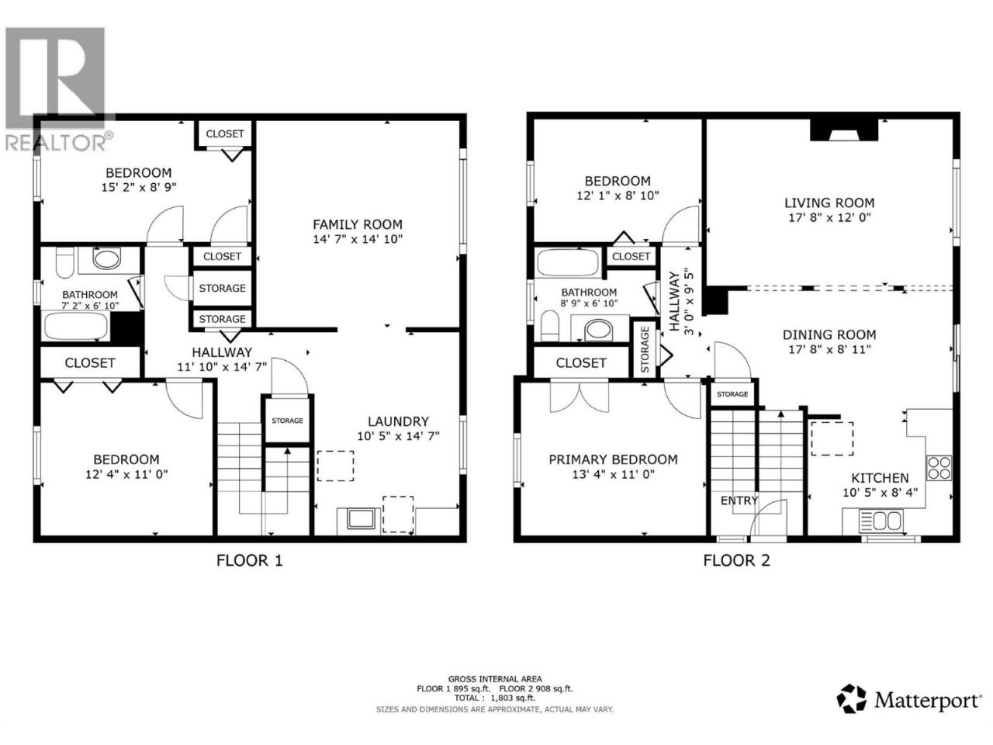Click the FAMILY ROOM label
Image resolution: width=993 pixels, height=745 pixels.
point(358,224)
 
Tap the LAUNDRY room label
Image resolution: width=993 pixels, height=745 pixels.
point(398,421)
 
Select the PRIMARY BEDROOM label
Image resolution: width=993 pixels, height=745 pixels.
point(613,459)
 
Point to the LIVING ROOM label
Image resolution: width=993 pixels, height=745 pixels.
point(829,203)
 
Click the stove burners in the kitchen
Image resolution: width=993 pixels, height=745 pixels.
point(939,468)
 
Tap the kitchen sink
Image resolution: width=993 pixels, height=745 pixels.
point(881,520)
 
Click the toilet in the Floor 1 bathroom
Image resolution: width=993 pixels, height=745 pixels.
point(64,262)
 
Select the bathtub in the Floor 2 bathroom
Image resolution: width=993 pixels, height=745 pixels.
point(567,262)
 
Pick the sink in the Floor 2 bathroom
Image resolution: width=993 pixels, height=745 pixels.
point(598,331)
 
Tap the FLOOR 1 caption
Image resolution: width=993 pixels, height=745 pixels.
point(249,561)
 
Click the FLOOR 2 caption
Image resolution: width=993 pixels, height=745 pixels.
point(736,561)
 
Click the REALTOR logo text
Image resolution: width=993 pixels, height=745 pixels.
point(56,143)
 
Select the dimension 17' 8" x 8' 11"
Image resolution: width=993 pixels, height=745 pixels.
point(829,349)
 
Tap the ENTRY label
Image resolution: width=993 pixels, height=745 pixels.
point(739,501)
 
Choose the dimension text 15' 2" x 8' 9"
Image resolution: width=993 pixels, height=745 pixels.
point(138,187)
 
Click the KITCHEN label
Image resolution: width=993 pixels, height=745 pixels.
point(880,478)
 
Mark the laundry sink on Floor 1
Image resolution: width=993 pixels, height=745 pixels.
point(361,519)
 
